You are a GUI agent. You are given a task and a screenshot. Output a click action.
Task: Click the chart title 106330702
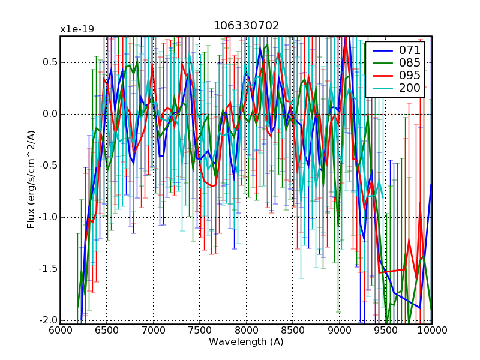pyautogui.click(x=246, y=25)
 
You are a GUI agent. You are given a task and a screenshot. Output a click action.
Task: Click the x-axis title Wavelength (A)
pyautogui.click(x=246, y=342)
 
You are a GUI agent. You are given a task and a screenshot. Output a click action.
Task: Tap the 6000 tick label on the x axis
pyautogui.click(x=60, y=331)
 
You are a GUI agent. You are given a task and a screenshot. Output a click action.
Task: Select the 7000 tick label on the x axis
pyautogui.click(x=153, y=331)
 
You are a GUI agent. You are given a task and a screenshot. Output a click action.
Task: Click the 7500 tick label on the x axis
pyautogui.click(x=199, y=331)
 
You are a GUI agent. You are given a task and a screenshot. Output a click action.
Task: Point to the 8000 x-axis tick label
pyautogui.click(x=246, y=331)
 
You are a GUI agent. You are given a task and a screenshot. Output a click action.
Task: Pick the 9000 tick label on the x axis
pyautogui.click(x=339, y=331)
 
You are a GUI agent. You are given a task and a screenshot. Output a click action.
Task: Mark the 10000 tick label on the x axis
pyautogui.click(x=430, y=331)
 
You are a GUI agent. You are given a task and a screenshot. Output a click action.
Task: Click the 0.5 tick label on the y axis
pyautogui.click(x=49, y=62)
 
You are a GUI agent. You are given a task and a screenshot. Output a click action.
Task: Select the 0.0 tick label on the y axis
pyautogui.click(x=49, y=114)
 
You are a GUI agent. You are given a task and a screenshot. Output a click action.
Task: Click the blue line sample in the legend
pyautogui.click(x=380, y=50)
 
